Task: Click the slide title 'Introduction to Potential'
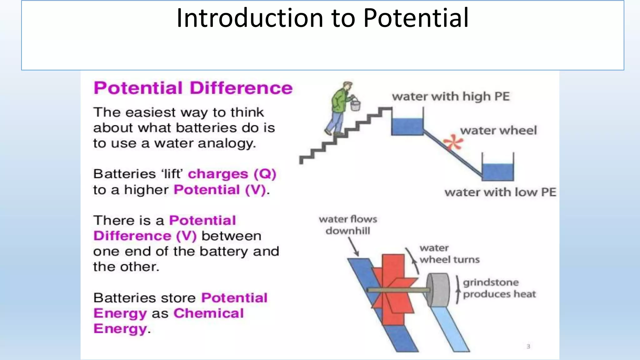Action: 322,18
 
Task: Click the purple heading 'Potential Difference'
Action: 193,88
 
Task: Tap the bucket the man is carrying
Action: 355,105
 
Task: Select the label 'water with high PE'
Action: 451,97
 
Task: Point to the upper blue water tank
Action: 407,126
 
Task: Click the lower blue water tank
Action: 497,172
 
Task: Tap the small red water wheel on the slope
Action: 453,142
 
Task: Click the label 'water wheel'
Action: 498,130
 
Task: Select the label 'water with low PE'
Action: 500,192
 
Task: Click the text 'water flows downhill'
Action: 348,225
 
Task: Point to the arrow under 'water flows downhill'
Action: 354,247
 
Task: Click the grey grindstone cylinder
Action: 438,290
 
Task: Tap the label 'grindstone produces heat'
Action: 499,288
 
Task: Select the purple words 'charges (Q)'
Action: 232,174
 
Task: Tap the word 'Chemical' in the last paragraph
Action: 208,313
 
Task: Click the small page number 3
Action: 528,346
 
